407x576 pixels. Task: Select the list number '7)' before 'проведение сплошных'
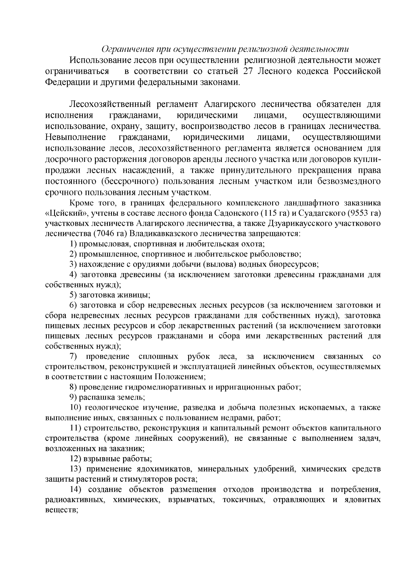pyautogui.click(x=74, y=356)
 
